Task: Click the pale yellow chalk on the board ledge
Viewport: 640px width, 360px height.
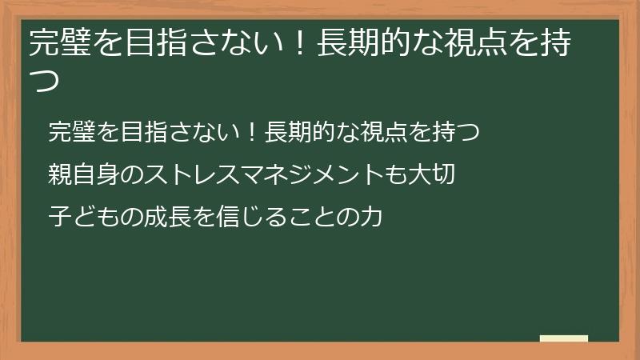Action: coord(563,338)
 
